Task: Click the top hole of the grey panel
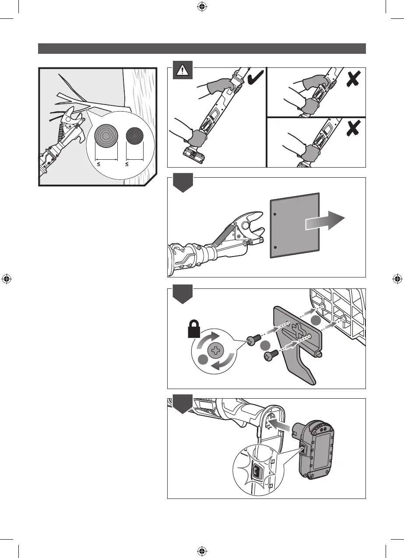point(274,214)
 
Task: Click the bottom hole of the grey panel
point(274,247)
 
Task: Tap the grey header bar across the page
point(202,48)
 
